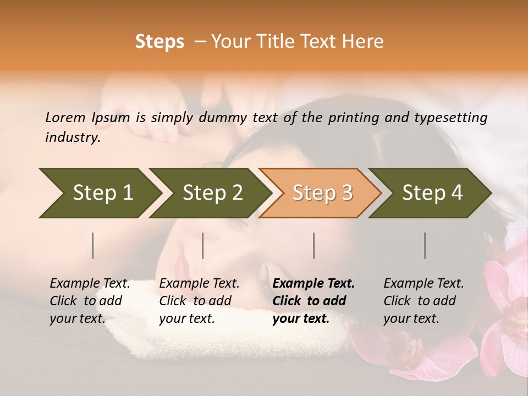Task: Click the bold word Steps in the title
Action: click(159, 42)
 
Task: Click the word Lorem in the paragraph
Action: click(65, 117)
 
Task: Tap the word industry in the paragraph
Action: click(72, 137)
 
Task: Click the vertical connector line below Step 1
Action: click(93, 245)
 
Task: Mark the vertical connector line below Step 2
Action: click(203, 245)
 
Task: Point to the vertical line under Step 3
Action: click(313, 245)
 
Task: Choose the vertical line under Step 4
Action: click(425, 245)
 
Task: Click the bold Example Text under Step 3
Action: click(313, 283)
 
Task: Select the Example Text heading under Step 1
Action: click(90, 283)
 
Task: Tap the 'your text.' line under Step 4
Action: click(411, 318)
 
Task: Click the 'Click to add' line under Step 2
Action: click(195, 301)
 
